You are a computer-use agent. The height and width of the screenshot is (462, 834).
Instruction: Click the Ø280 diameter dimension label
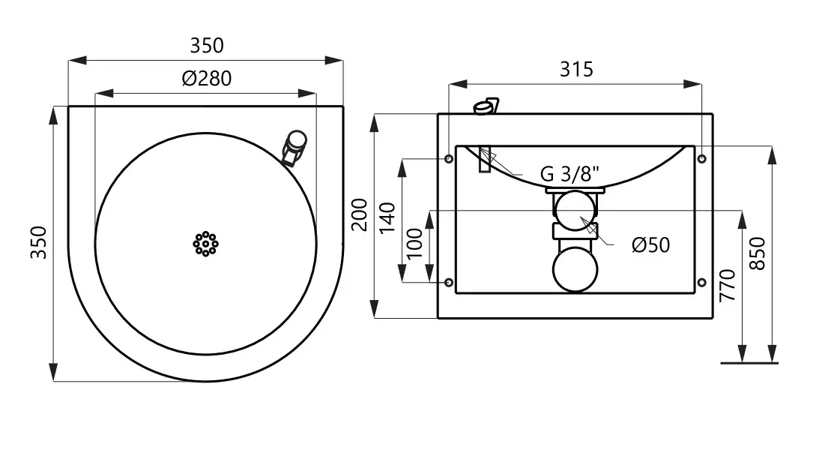coord(206,78)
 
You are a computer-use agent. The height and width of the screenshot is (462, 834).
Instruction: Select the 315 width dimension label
coord(576,70)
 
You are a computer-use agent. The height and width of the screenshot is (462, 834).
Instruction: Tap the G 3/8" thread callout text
coord(570,175)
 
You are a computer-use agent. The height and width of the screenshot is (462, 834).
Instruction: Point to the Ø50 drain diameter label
coord(650,245)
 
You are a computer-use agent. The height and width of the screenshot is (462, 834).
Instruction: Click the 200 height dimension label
coord(360,214)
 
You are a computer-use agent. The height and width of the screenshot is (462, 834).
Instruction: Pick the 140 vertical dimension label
coord(387,218)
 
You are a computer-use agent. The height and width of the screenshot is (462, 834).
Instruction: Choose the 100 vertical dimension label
coord(415,243)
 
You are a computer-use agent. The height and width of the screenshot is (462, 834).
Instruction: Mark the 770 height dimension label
coord(727,285)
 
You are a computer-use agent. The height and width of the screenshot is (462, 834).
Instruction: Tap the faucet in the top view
coord(293,147)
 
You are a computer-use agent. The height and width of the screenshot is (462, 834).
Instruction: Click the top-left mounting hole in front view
coord(448,159)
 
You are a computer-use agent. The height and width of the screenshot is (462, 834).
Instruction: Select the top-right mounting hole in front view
coord(701,159)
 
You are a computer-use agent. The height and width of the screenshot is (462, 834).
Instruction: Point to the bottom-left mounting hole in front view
coord(448,282)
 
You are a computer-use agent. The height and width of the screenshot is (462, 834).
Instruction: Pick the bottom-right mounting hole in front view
coord(701,282)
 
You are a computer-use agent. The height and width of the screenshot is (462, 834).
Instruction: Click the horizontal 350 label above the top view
coord(206,46)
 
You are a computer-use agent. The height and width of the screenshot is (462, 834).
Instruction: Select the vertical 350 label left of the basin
coord(38,242)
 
